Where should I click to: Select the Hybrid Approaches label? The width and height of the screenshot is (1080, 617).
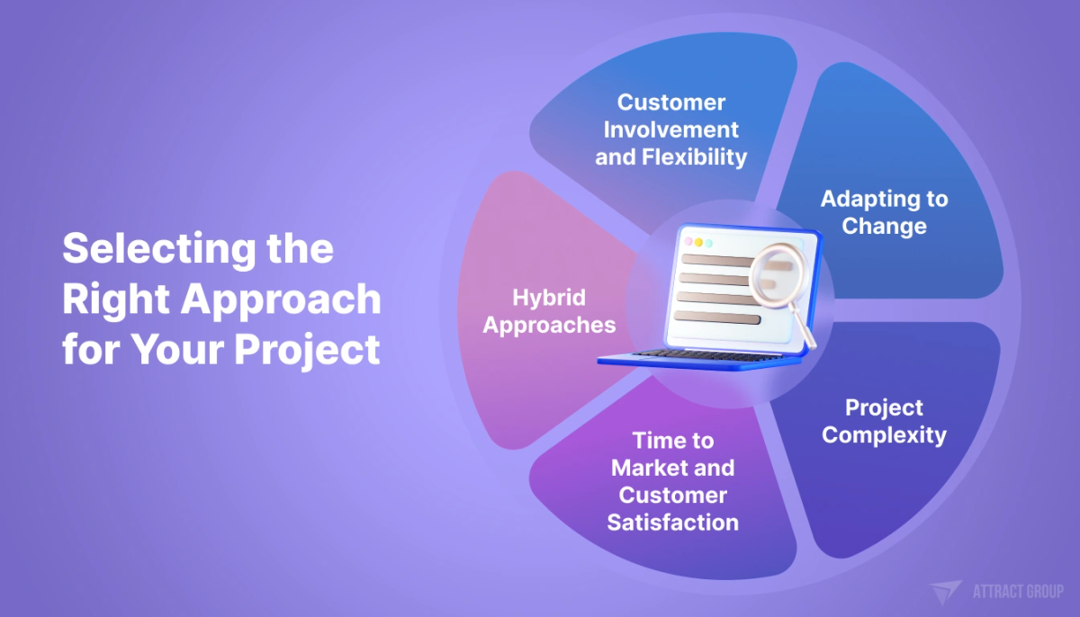549,311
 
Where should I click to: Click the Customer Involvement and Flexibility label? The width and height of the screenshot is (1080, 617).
671,130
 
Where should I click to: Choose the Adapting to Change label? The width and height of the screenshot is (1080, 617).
884,212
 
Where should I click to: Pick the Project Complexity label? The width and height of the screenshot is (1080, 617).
884,422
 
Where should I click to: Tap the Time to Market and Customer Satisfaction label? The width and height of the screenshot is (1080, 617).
672,481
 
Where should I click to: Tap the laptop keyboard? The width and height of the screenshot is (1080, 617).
693,355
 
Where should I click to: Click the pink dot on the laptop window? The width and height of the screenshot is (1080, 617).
688,242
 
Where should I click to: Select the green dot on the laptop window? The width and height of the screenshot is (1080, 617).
708,243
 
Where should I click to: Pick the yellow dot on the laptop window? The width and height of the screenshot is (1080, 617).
698,243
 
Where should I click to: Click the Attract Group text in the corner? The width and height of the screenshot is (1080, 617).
1018,592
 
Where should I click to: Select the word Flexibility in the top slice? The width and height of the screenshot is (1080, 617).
697,157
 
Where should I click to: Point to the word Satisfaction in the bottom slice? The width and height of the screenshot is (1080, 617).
672,523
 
